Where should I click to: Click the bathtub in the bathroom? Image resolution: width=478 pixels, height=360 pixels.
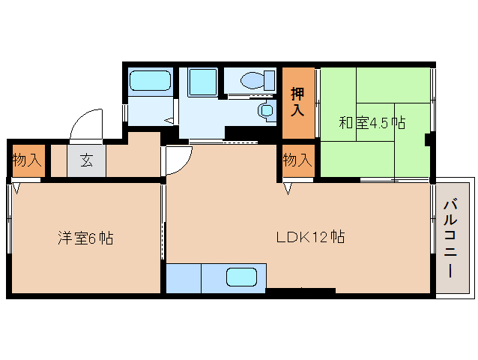pyautogui.click(x=151, y=80)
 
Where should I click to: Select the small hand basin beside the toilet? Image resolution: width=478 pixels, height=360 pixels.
pyautogui.click(x=266, y=111)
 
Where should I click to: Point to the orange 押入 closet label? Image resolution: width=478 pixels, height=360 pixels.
pyautogui.click(x=297, y=102)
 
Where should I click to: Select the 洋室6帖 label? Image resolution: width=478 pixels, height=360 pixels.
pyautogui.click(x=85, y=238)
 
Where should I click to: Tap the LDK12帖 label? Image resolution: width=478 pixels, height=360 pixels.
pyautogui.click(x=309, y=237)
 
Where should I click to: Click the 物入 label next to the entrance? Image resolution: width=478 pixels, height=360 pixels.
pyautogui.click(x=27, y=160)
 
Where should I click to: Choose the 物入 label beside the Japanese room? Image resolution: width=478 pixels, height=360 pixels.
pyautogui.click(x=297, y=160)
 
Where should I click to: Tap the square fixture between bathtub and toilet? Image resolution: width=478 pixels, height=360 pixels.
pyautogui.click(x=202, y=81)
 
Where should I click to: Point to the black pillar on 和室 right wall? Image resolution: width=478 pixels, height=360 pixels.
pyautogui.click(x=428, y=139)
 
